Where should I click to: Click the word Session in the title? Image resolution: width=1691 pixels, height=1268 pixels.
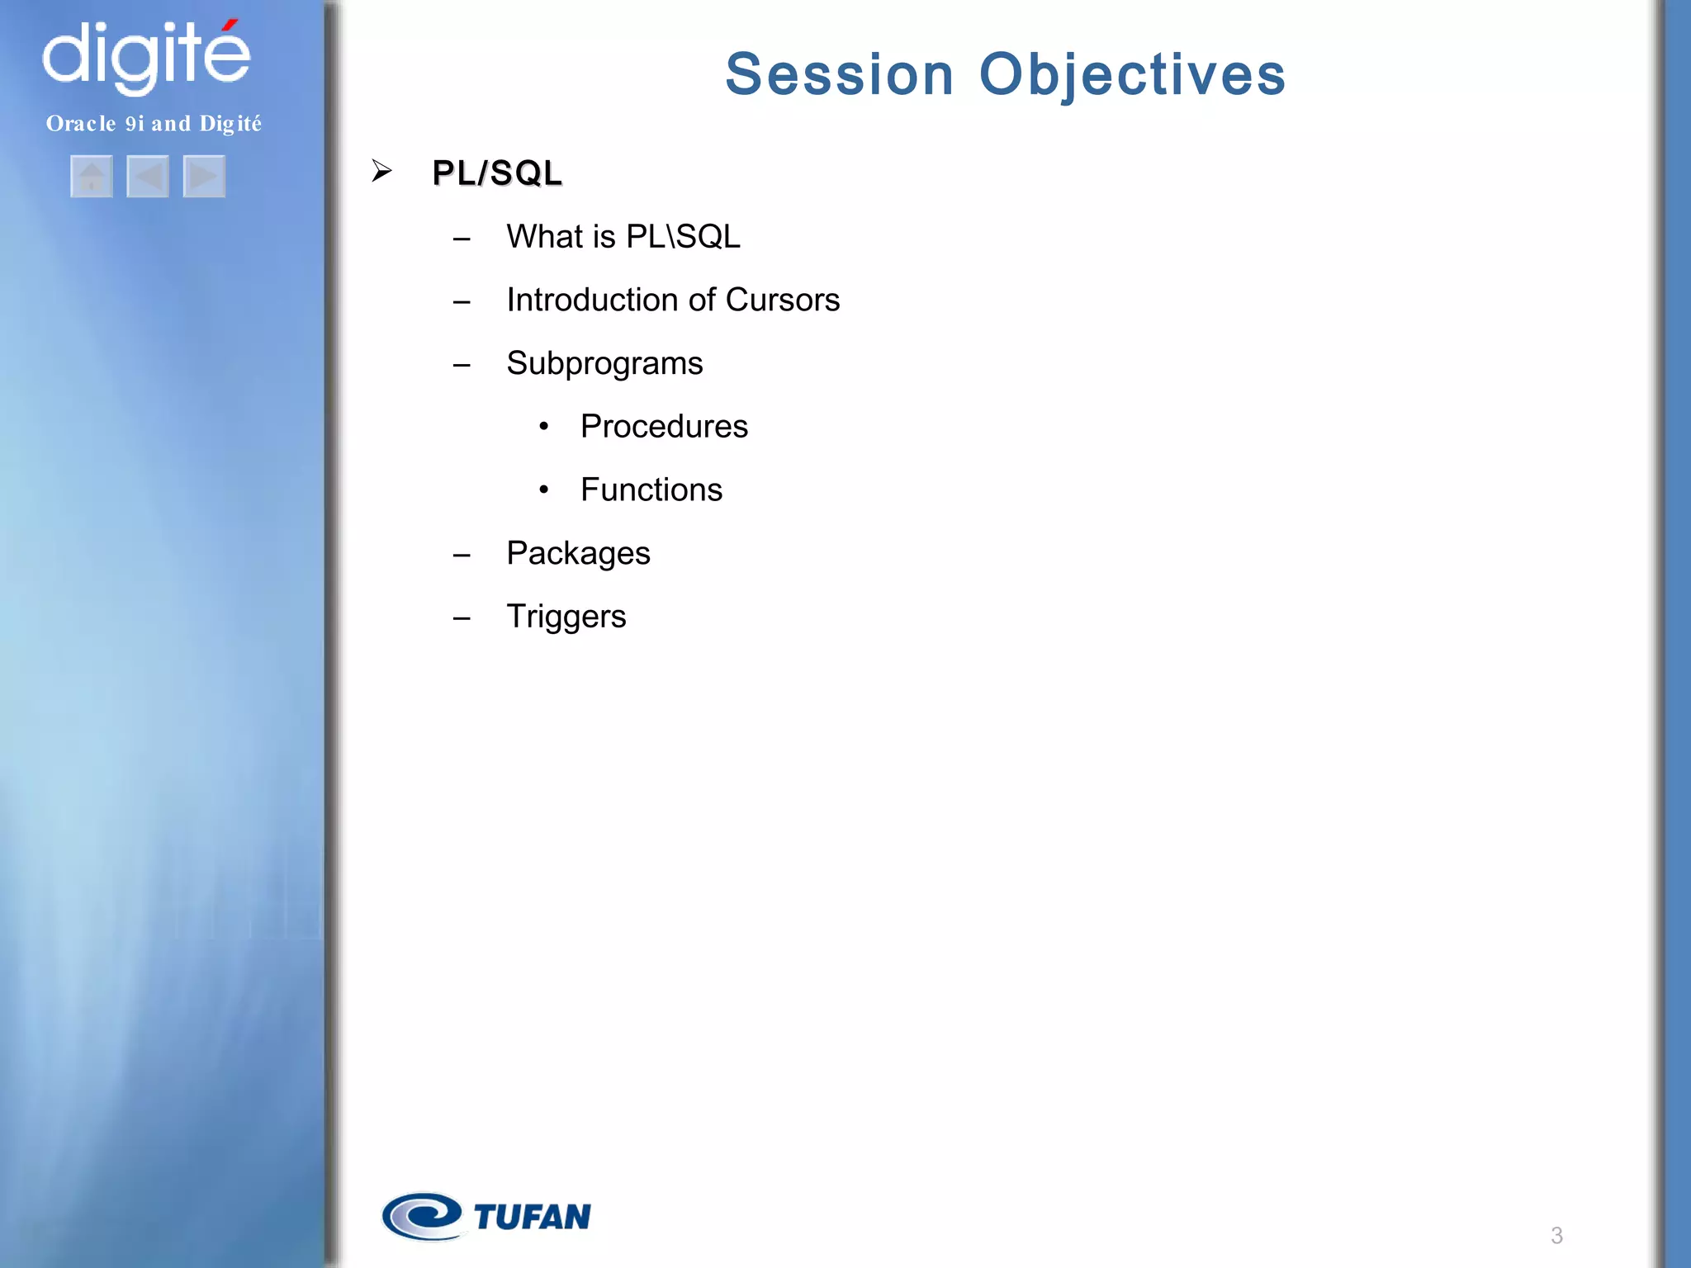[x=839, y=74]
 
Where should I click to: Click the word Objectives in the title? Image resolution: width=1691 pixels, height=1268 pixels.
[x=1132, y=74]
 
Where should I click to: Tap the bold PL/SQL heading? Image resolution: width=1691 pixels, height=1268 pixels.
[x=497, y=173]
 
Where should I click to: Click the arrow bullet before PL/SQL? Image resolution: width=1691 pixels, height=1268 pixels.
[x=381, y=171]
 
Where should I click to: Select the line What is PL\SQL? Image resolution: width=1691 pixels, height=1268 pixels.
[x=623, y=237]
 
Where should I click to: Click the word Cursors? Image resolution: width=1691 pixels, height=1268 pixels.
[x=782, y=300]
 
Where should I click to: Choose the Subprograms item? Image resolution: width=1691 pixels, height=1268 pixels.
[x=604, y=364]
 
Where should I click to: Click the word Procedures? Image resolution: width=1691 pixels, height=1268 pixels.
[x=664, y=427]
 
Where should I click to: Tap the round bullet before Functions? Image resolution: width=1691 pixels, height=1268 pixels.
[x=543, y=490]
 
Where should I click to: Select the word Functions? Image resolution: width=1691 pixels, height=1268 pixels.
[x=651, y=490]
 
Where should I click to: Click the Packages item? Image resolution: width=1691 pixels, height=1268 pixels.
[x=578, y=554]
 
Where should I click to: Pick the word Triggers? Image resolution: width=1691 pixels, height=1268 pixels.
[x=566, y=617]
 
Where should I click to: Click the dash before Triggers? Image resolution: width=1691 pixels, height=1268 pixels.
[x=462, y=618]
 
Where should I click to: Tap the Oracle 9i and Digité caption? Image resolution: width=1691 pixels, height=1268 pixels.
[x=154, y=124]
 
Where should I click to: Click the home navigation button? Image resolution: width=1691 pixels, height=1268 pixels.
[x=92, y=177]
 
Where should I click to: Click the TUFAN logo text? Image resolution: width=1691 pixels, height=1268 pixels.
[x=532, y=1217]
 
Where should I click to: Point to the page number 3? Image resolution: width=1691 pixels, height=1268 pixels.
[x=1556, y=1236]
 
